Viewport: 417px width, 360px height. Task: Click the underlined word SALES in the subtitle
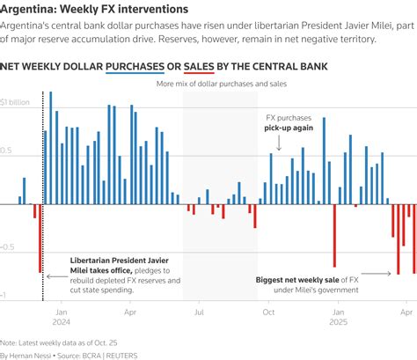[x=199, y=67]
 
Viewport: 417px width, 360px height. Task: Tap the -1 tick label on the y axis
[x=5, y=296]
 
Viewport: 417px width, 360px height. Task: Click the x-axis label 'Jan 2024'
[x=62, y=317]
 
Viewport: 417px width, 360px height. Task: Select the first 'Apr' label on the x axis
[x=129, y=312]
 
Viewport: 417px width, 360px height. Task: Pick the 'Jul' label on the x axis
[x=199, y=312]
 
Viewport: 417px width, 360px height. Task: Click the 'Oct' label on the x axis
[x=267, y=312]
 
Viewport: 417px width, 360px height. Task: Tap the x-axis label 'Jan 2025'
[x=338, y=317]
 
